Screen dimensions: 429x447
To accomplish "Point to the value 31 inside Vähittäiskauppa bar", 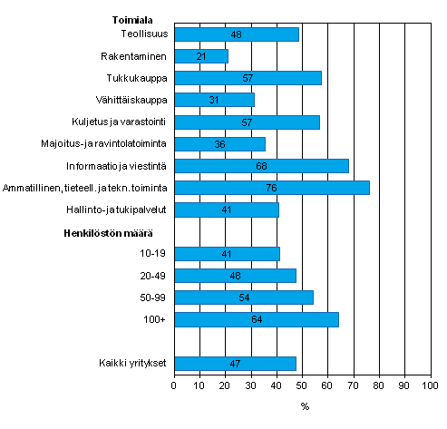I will (214, 100).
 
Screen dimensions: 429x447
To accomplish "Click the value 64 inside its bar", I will (256, 319).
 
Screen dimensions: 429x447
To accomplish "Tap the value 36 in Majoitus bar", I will (219, 144).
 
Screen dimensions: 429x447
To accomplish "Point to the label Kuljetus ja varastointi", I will (120, 122).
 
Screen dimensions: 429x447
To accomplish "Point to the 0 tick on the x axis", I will (174, 386).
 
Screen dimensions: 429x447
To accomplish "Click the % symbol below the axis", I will (305, 405).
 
